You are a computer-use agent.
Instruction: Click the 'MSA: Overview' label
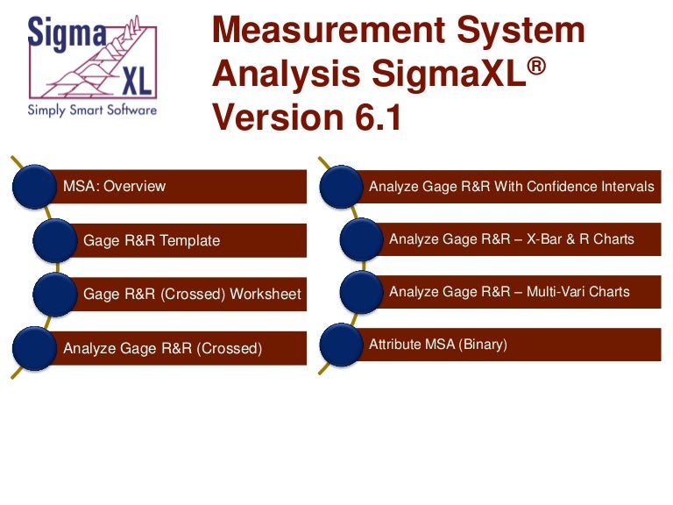coord(115,186)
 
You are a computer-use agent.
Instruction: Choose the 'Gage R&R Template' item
coord(152,240)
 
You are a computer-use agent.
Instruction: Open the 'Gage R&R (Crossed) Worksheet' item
coord(192,294)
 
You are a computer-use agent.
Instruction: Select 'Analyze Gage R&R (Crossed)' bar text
coord(163,348)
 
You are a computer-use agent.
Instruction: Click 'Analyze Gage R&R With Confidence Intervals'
coord(512,187)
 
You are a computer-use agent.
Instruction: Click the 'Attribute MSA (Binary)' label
coord(438,345)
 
